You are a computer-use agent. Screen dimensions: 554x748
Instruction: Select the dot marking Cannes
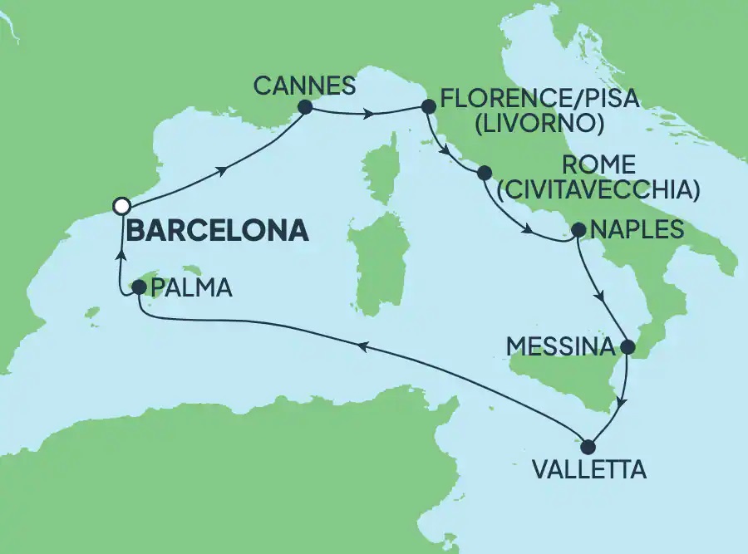coord(304,106)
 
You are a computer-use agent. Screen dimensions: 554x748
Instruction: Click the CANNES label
coord(306,85)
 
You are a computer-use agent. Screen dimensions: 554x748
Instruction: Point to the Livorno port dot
coord(429,106)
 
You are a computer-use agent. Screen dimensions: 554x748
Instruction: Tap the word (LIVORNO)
coord(541,125)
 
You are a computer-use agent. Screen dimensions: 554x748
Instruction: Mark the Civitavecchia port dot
coord(484,174)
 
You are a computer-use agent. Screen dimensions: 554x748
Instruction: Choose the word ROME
coord(598,164)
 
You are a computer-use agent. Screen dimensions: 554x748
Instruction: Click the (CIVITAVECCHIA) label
coord(596,189)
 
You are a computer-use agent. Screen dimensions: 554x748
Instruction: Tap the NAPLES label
coord(637,229)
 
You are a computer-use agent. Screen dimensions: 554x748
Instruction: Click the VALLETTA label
coord(588,470)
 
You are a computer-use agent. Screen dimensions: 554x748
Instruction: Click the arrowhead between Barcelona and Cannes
coord(223,171)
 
